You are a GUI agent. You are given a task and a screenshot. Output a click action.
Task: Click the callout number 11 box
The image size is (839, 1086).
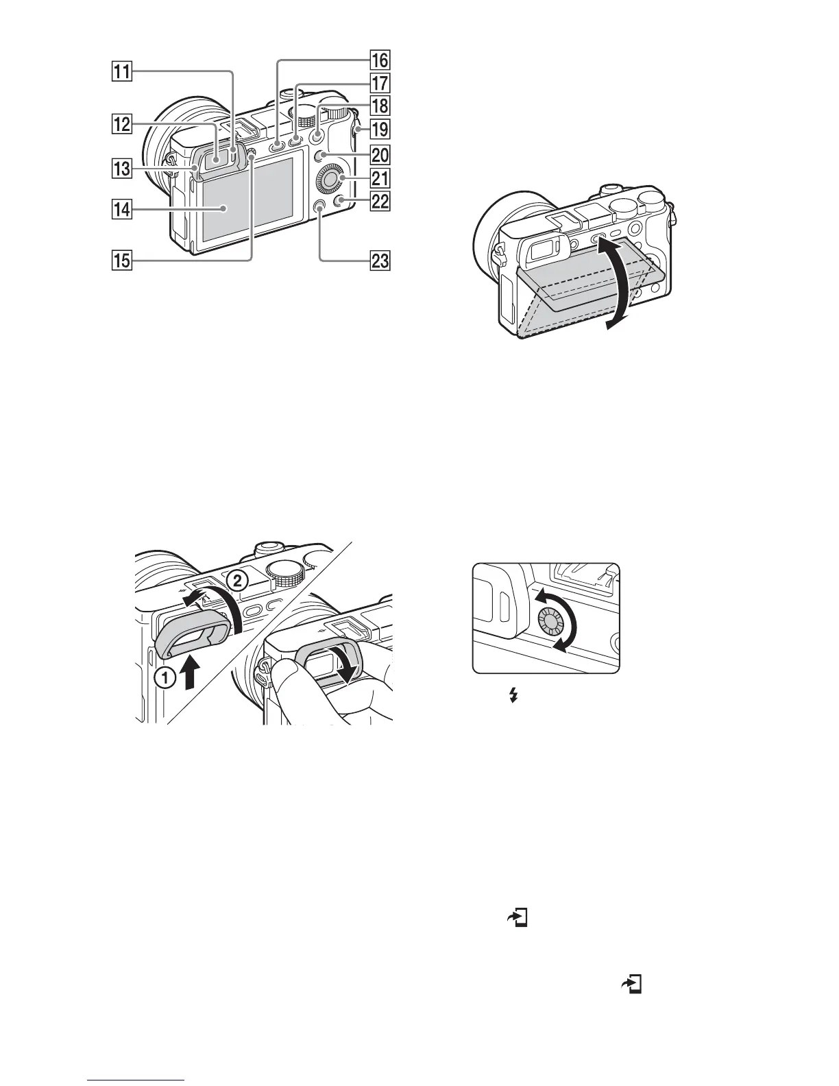point(123,71)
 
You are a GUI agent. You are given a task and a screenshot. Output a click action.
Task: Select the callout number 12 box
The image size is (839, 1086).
point(123,125)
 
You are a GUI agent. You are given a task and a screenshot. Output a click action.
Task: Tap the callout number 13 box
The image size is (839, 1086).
point(123,168)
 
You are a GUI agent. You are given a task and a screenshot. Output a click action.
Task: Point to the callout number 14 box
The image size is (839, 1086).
point(123,211)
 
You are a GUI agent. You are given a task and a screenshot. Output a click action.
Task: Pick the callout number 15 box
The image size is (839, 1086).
point(123,261)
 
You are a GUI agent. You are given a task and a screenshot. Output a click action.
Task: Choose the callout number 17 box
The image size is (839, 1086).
point(379,84)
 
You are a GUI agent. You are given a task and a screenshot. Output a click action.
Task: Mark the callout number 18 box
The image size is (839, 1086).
point(379,106)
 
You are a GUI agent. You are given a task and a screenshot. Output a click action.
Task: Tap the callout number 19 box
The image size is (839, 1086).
point(379,128)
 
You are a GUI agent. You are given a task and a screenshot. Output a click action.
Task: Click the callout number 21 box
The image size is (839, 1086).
point(379,179)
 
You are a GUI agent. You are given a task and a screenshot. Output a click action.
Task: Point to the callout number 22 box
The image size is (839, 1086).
point(379,202)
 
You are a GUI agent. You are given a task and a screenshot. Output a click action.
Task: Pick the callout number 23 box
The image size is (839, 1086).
point(379,261)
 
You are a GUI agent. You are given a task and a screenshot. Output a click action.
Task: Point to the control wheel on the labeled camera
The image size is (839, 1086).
point(331,179)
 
